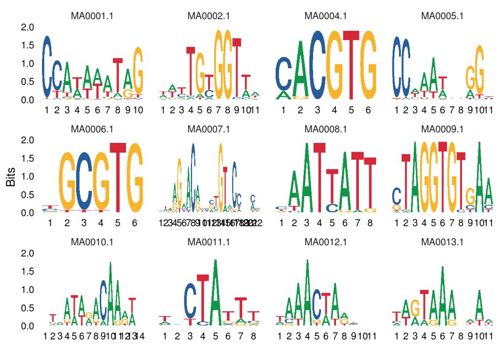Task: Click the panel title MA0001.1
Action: [x=92, y=16]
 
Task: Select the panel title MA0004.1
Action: [x=326, y=16]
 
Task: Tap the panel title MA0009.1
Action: [x=442, y=128]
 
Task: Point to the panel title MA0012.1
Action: [x=326, y=242]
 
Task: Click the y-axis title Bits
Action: [x=11, y=177]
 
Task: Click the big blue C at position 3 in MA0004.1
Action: [x=317, y=65]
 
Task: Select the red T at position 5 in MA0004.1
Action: [x=351, y=65]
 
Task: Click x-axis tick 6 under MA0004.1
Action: [x=368, y=110]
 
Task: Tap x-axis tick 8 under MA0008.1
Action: [x=370, y=223]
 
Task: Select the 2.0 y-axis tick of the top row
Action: [x=28, y=27]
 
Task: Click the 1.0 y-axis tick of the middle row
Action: [x=28, y=176]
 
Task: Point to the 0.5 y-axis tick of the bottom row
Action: [x=28, y=308]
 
